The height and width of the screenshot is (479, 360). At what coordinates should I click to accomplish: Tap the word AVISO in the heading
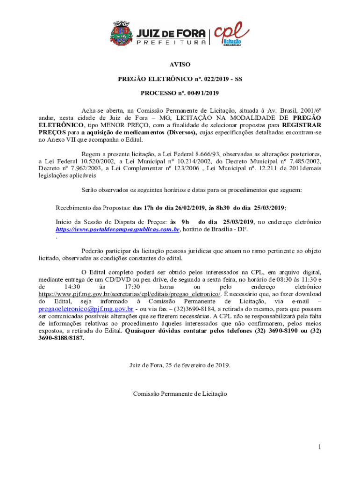[180, 65]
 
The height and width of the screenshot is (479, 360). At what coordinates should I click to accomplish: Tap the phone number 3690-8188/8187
[62, 338]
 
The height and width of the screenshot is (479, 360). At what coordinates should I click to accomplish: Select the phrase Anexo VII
[61, 139]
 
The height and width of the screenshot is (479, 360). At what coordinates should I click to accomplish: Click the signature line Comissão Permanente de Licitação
[180, 394]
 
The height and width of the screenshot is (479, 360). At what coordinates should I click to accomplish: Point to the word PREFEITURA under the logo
[171, 43]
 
